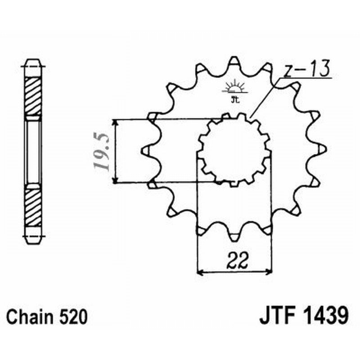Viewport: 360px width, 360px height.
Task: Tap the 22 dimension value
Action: (235, 260)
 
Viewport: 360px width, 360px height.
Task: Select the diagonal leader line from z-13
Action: (265, 97)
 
